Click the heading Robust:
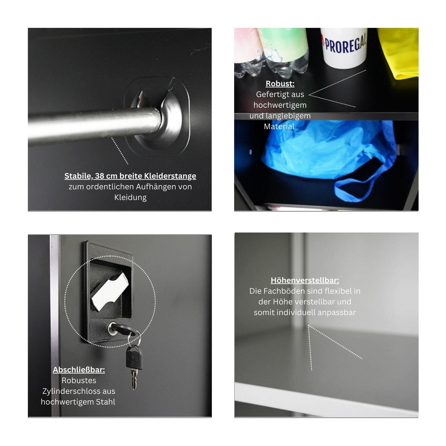pos(280,84)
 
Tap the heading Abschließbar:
pos(79,369)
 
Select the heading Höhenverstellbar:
pos(305,280)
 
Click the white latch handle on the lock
pos(110,292)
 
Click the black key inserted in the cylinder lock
pos(123,329)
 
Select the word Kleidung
pos(130,197)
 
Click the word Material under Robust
pos(279,126)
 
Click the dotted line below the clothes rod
pos(120,151)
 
